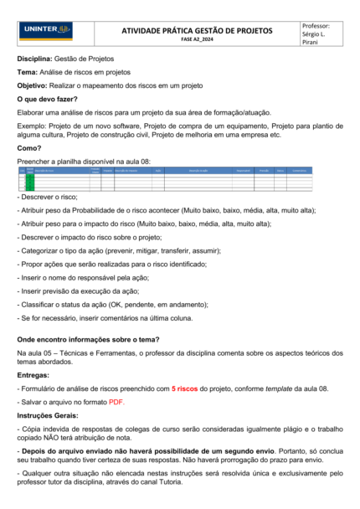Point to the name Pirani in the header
(x=312, y=44)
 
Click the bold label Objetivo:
(x=33, y=85)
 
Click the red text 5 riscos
(x=185, y=390)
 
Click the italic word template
(x=288, y=390)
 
